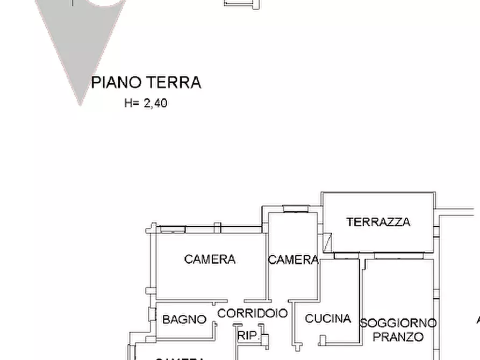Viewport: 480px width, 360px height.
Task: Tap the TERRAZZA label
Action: [378, 222]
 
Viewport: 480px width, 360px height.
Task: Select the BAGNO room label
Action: [184, 320]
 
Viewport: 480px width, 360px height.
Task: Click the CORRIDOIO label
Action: [252, 313]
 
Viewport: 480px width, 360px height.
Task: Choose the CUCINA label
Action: [328, 319]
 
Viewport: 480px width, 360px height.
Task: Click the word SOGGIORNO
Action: [398, 323]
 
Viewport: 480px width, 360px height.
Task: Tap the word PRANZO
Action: [398, 337]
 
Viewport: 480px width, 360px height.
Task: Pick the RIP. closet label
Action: [248, 336]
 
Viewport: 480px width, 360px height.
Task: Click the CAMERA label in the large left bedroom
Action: [210, 260]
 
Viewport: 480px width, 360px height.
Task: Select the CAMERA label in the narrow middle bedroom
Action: [293, 260]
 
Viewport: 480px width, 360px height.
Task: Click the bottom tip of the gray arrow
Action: [81, 103]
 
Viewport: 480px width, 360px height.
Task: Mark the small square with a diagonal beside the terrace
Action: [328, 241]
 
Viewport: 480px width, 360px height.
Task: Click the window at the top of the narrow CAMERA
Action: [296, 209]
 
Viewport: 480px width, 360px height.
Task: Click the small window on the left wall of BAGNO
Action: [152, 314]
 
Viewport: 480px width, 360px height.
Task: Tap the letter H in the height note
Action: [128, 103]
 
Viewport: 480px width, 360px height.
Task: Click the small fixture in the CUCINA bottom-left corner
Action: [322, 340]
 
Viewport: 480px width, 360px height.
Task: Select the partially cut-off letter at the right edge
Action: [477, 320]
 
